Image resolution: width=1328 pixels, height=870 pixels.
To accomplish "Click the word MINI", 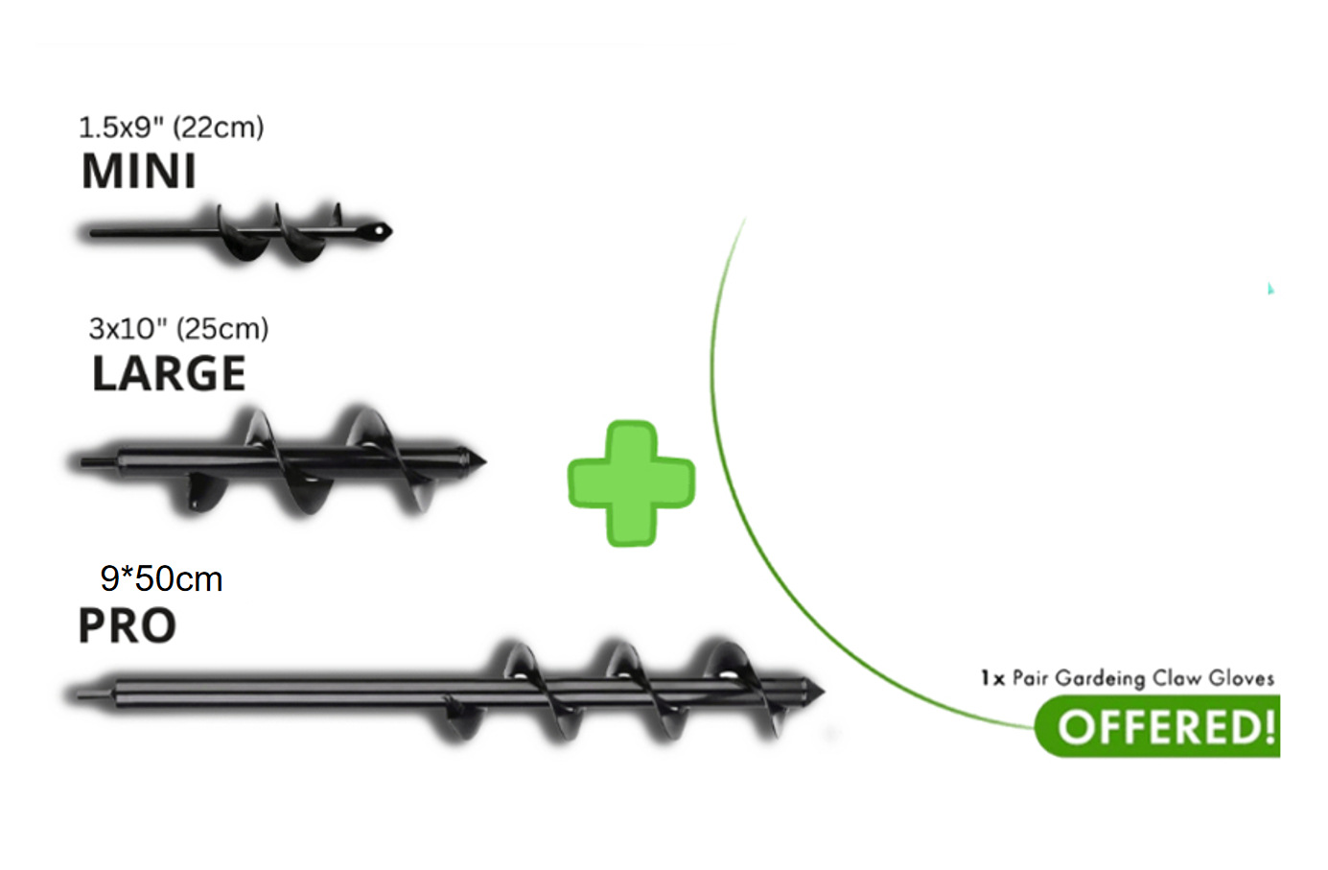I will click(x=139, y=172).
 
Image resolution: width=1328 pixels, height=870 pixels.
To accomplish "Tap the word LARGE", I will click(x=169, y=374).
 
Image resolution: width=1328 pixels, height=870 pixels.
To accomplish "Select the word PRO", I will click(x=127, y=626).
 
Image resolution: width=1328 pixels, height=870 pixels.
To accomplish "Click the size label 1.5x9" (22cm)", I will click(x=171, y=127).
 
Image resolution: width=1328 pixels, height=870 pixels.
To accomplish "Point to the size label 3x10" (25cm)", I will click(x=178, y=329).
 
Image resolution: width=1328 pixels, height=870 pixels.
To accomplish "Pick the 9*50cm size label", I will click(x=161, y=578).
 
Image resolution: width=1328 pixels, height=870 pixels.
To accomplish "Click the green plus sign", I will click(x=631, y=482).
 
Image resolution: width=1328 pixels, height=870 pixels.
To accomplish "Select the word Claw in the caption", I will click(x=1177, y=678).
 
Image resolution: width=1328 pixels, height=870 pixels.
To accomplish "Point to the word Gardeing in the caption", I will click(x=1100, y=679).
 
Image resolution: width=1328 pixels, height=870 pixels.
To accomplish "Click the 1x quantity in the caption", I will click(x=992, y=678).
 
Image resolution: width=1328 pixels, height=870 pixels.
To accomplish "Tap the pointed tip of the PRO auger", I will click(x=819, y=690).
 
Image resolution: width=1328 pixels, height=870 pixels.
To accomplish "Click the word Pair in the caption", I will click(x=1030, y=678).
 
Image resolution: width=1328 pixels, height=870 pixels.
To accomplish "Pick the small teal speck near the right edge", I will click(x=1270, y=288).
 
